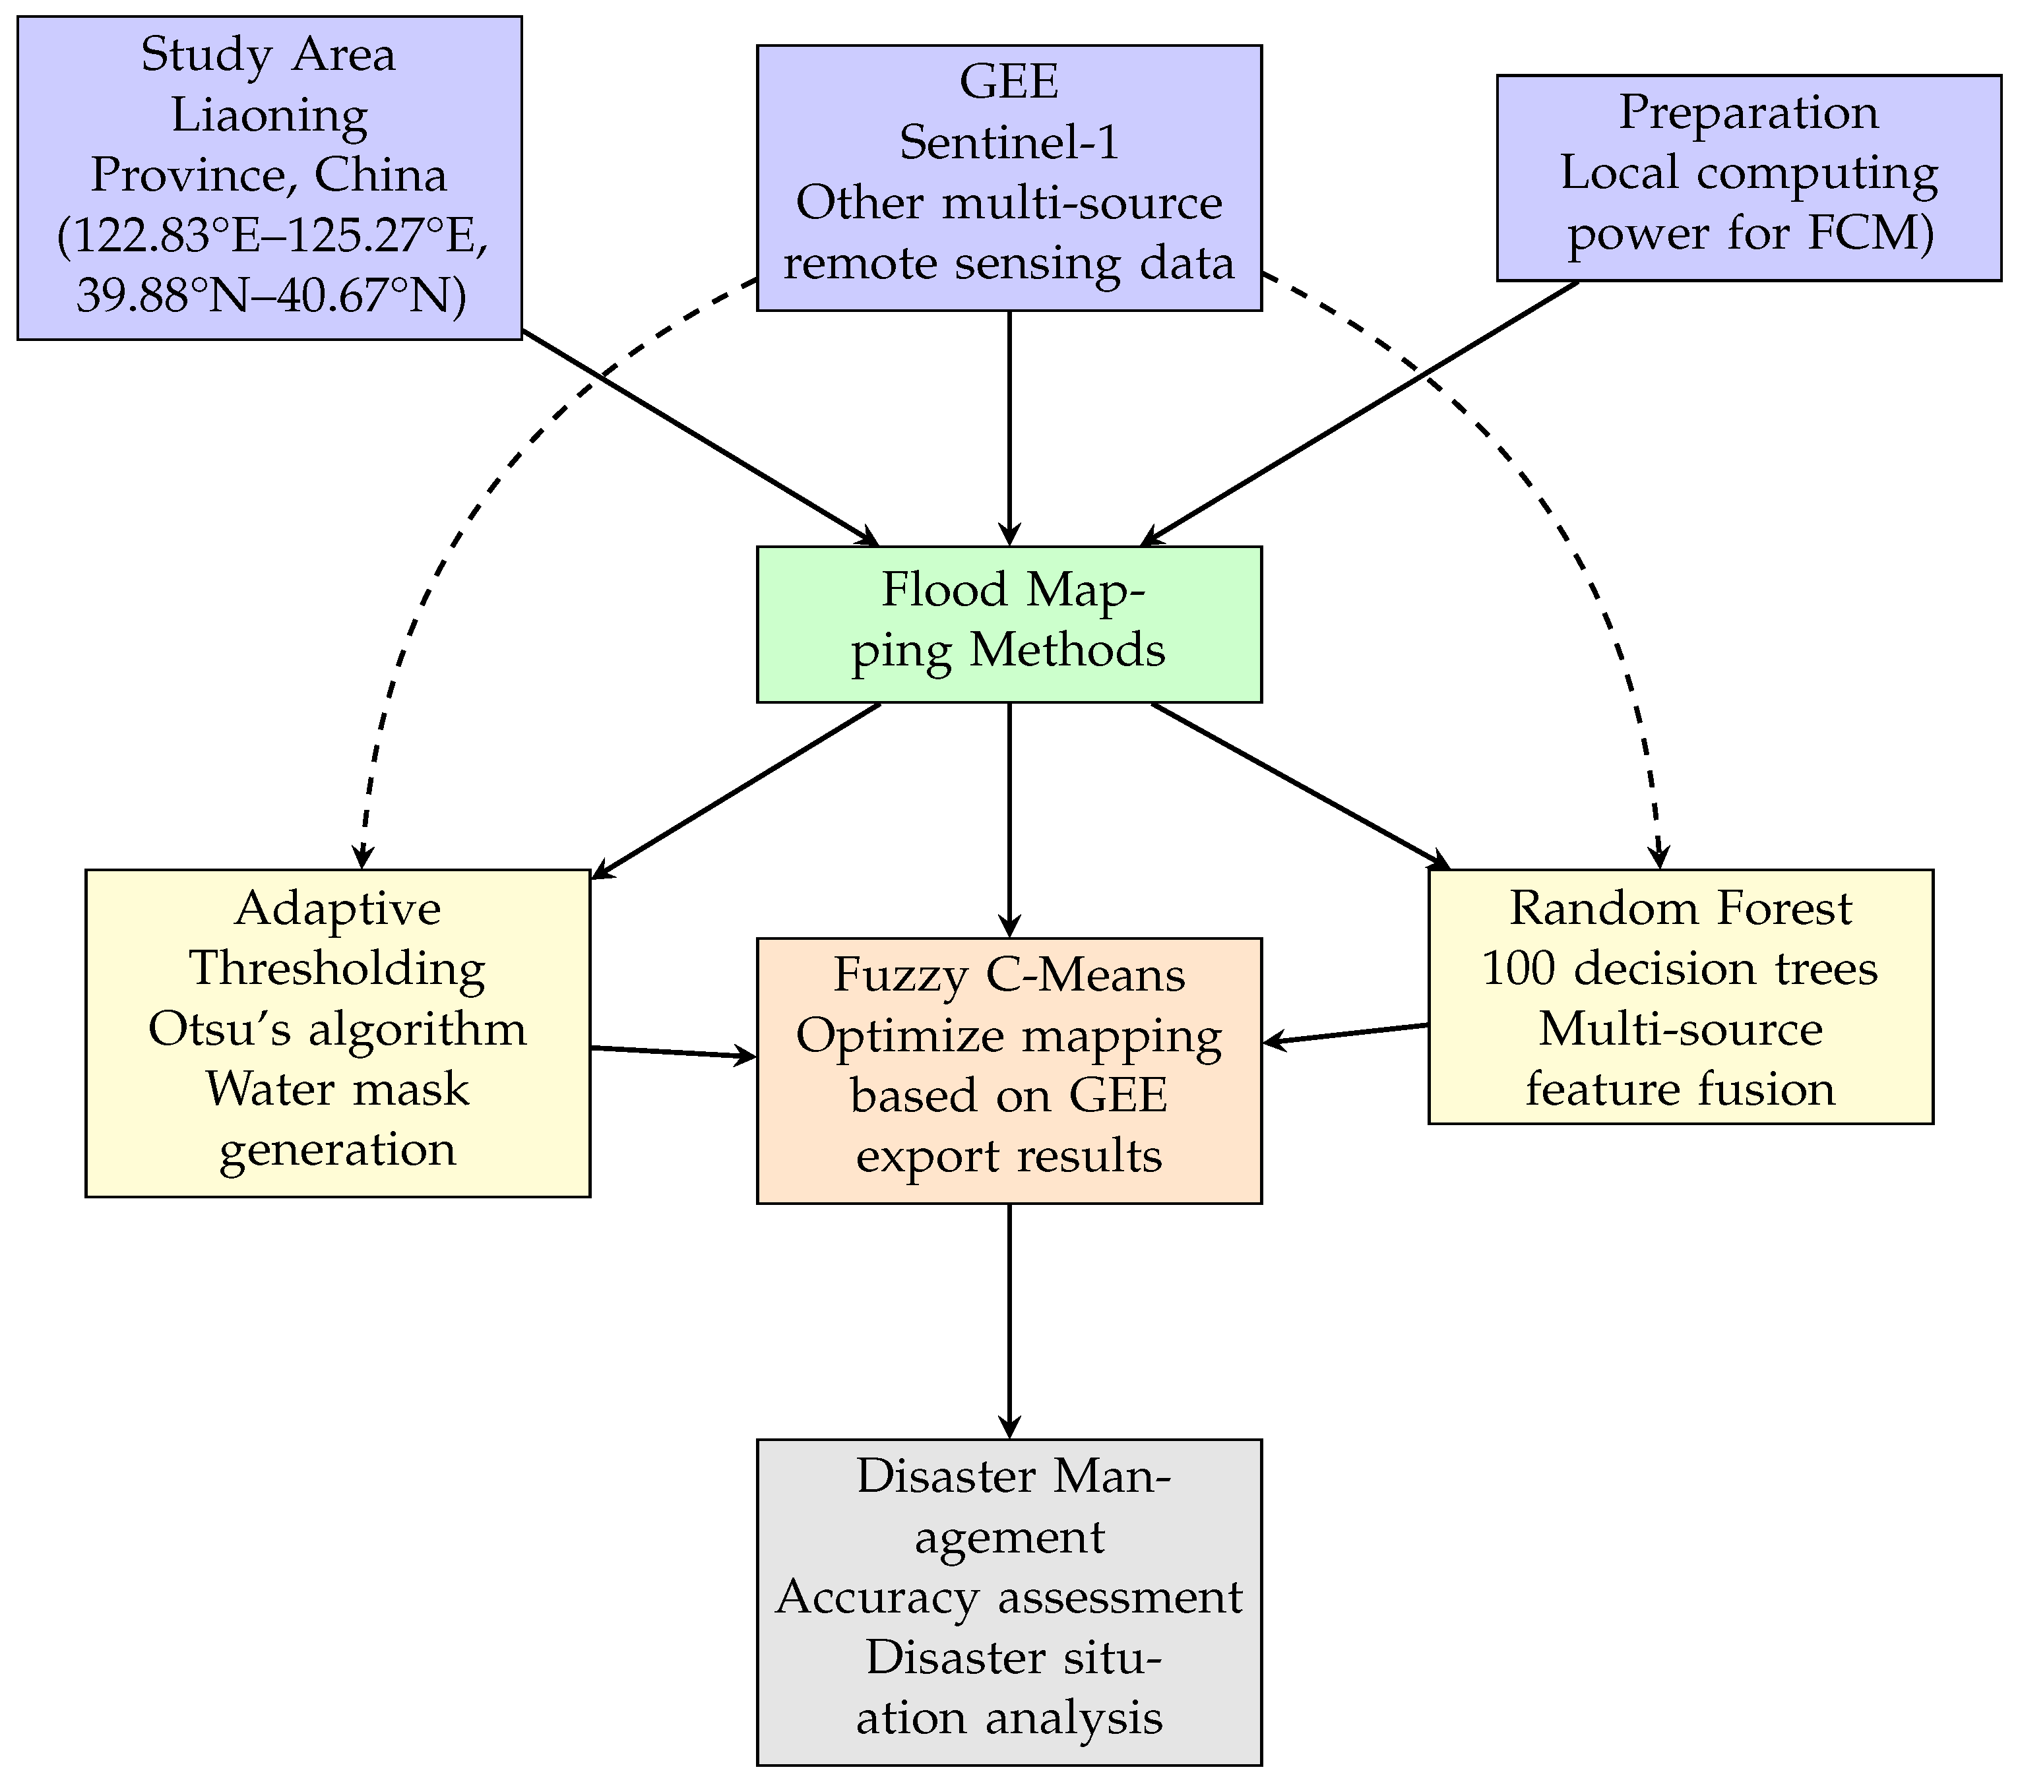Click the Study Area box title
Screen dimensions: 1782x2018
point(268,53)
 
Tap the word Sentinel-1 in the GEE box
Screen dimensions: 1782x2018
point(1009,142)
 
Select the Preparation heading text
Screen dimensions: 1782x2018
point(1748,111)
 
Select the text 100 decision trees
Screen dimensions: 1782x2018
point(1680,968)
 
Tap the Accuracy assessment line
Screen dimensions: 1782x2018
point(1009,1597)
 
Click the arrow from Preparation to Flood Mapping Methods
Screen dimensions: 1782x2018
point(1360,413)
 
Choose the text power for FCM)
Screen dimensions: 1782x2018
point(1750,233)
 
